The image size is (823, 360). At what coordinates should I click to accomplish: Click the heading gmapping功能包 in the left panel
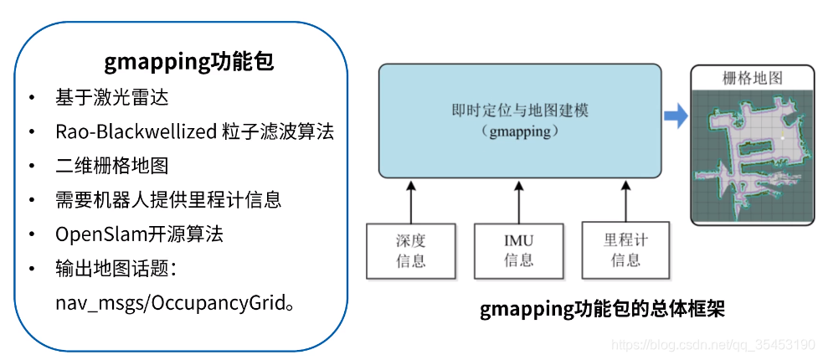[189, 62]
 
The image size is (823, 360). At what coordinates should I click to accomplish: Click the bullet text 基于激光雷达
[112, 97]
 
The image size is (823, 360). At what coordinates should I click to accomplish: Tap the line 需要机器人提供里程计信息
[168, 200]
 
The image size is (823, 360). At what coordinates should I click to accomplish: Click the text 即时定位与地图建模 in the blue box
[519, 111]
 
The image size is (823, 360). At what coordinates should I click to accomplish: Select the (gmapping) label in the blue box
[519, 132]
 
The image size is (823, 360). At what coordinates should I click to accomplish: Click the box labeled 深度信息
[410, 250]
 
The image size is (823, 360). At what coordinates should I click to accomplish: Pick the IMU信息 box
[518, 250]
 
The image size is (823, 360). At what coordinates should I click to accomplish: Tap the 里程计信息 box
[625, 250]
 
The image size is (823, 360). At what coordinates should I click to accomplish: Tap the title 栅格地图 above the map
[752, 79]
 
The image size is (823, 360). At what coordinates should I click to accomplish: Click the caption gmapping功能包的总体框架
[602, 311]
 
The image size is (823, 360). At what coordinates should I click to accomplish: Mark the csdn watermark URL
[712, 345]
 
